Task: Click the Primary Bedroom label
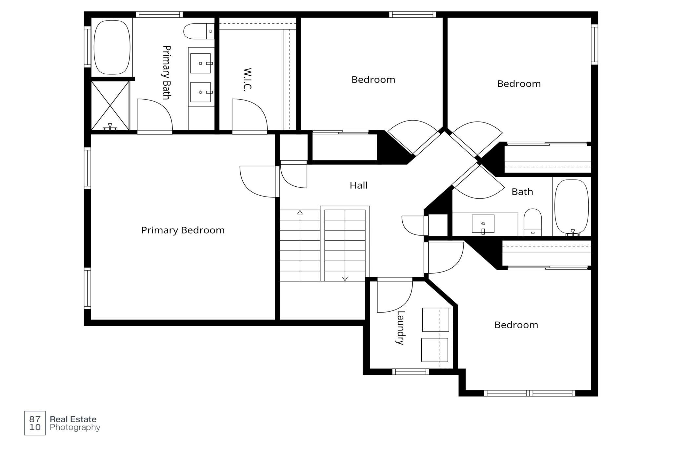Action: (183, 231)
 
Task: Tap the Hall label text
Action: (358, 185)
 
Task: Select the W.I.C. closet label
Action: (248, 80)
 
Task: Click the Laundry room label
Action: (400, 328)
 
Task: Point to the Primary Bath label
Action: (167, 72)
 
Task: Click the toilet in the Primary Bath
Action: (199, 31)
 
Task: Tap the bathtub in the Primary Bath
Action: (112, 47)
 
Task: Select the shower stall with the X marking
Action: (110, 105)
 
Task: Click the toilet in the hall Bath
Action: (532, 222)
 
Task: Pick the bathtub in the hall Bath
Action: (572, 207)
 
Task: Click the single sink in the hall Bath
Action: (483, 224)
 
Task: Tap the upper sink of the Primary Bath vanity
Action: (200, 63)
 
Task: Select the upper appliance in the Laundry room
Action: (435, 319)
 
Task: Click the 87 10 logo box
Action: (35, 423)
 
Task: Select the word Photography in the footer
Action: (75, 427)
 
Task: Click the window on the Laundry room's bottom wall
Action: (411, 372)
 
